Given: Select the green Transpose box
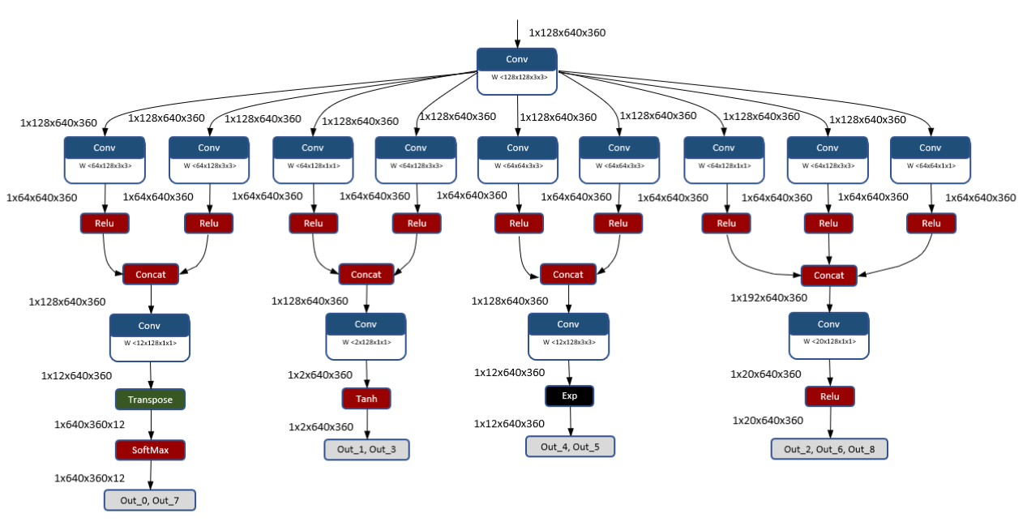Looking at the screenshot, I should pos(150,400).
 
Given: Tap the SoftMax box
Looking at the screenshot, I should pos(150,450).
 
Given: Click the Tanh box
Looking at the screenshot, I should pos(366,399).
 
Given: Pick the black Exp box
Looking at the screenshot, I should pos(569,396).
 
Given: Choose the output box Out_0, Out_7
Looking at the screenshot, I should pos(150,500).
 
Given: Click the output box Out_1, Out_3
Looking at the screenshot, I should pos(366,450).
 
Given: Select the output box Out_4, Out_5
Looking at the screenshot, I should pos(570,447).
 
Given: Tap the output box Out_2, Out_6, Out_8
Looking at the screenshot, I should pos(828,450).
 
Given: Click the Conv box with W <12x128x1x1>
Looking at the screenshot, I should pos(150,336).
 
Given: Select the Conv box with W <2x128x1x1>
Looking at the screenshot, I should pos(366,336).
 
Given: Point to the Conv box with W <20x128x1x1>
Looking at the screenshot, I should pos(828,335).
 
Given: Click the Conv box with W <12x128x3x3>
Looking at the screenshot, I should pos(568,336).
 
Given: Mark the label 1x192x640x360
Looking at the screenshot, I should pos(768,297).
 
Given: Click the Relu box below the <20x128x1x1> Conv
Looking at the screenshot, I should pos(829,396).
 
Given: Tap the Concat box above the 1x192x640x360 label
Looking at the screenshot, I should pos(828,276).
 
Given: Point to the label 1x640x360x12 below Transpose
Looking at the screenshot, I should pos(89,425).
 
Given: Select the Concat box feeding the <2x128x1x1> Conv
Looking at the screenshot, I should pos(366,275).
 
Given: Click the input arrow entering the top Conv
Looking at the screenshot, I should pos(517,32).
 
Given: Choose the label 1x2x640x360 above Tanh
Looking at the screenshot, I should pos(320,375).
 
